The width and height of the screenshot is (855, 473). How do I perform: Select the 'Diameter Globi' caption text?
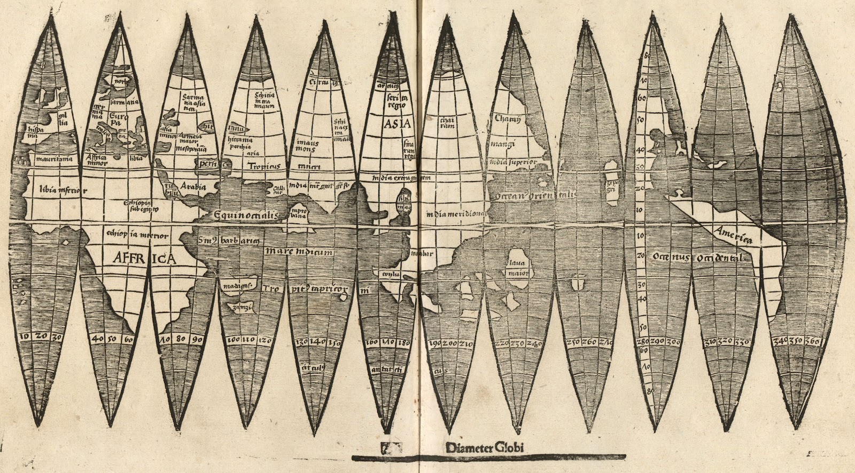coord(480,447)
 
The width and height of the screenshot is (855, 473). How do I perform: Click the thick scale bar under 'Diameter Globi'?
coord(488,457)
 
